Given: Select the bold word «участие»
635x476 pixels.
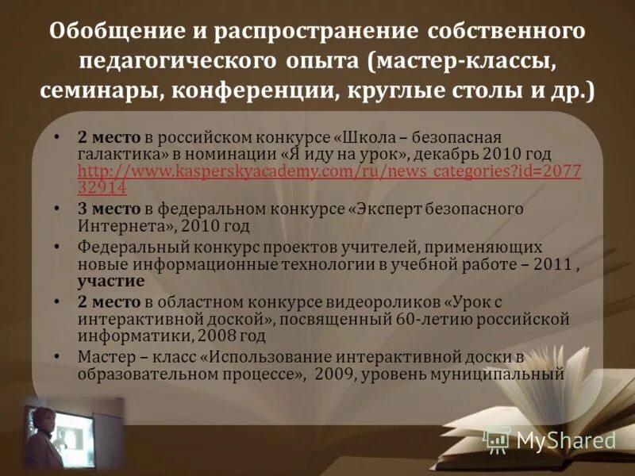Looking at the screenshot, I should point(111,281).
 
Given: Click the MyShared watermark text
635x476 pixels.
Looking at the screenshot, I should point(566,441).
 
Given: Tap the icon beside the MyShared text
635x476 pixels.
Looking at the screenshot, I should point(498,440).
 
